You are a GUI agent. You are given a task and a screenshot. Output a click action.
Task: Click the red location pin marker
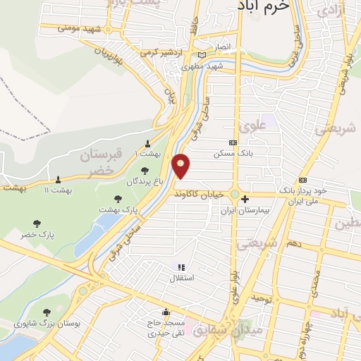click(181, 166)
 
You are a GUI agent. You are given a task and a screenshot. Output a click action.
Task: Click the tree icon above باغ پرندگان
click(145, 170)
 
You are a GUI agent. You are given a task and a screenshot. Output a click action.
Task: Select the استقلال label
click(181, 279)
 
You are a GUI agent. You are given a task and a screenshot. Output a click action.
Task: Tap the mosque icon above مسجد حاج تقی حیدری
click(166, 312)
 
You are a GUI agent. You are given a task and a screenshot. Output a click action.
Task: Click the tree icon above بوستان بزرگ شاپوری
click(47, 312)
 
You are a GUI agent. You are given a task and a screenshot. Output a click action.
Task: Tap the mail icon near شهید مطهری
click(203, 54)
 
